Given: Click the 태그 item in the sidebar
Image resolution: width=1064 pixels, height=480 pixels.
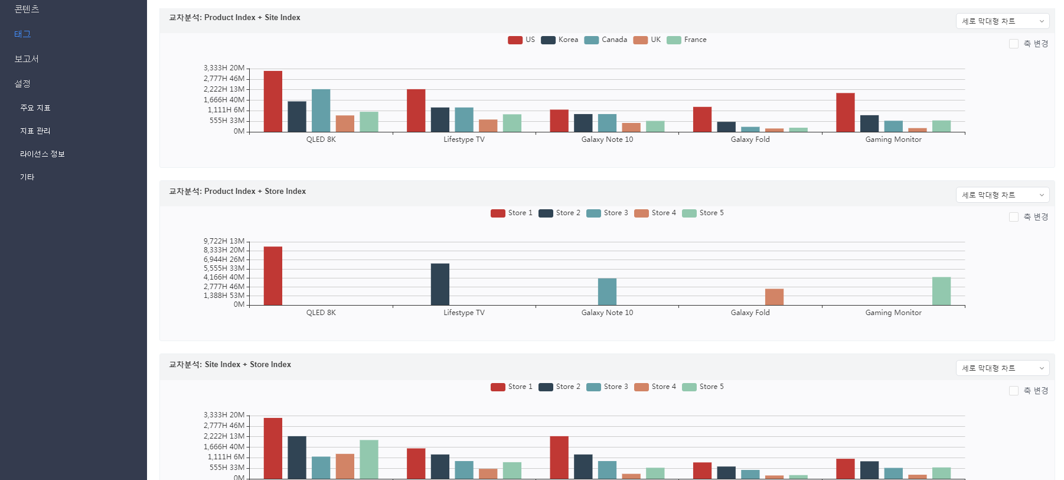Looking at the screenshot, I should click(22, 34).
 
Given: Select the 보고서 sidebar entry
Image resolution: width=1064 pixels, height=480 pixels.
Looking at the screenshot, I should click(27, 59).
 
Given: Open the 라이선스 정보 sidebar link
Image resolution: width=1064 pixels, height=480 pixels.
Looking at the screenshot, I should click(43, 154).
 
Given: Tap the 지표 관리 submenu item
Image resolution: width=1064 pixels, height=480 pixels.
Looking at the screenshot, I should click(35, 131).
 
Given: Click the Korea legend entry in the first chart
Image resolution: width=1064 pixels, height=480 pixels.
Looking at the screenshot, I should click(560, 40).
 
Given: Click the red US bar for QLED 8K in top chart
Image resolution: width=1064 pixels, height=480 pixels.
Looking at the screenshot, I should click(273, 101).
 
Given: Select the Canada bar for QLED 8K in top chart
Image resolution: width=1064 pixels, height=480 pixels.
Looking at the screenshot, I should click(321, 111).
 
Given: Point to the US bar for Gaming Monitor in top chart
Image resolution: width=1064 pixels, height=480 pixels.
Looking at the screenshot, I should click(845, 112).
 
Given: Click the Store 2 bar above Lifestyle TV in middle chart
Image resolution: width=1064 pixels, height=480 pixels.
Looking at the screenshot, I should click(440, 284).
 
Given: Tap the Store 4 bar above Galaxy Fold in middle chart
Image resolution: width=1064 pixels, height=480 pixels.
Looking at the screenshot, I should click(774, 297).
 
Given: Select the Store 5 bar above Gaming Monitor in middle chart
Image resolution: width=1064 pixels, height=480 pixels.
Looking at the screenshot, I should click(941, 291).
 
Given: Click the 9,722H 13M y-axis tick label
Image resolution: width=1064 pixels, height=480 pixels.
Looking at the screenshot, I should click(224, 241).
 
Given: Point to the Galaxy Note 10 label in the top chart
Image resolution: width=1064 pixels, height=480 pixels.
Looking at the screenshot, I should click(607, 140).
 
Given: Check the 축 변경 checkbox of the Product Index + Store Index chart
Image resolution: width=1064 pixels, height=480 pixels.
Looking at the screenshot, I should click(1014, 217).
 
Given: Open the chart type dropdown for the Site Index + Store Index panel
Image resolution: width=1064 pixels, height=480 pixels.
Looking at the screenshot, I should click(1002, 368).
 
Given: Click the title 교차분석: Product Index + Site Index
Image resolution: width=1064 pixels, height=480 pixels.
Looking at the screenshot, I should click(234, 18).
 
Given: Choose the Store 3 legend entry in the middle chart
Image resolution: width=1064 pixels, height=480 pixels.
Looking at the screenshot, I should click(607, 213).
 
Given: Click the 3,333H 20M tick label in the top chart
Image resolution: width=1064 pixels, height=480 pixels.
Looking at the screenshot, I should click(224, 68).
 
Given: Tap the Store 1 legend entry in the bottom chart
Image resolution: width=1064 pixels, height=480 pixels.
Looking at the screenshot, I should click(511, 387).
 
